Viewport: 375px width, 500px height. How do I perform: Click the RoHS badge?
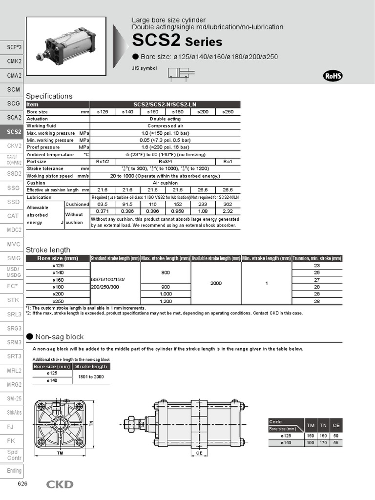pos(333,76)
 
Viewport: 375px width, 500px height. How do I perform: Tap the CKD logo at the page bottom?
pos(60,484)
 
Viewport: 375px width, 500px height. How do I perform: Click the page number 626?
pos(22,484)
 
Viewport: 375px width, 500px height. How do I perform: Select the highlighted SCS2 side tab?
pos(14,132)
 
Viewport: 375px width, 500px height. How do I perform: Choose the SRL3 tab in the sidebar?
pos(14,314)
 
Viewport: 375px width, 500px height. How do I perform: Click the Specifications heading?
pos(49,96)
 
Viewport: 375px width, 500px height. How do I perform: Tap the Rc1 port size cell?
pos(228,162)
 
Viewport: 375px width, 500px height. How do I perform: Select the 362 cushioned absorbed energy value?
pos(228,204)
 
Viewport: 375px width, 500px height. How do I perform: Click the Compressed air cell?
pos(165,126)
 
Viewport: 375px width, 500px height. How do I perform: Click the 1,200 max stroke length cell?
pos(166,302)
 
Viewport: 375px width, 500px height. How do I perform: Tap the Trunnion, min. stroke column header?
pos(317,258)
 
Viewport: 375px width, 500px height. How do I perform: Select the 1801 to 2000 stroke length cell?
pos(91,376)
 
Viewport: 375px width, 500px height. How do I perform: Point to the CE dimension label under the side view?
pos(199,453)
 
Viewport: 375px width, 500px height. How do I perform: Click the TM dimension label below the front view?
pos(60,453)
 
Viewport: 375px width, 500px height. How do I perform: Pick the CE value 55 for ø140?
pos(336,442)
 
